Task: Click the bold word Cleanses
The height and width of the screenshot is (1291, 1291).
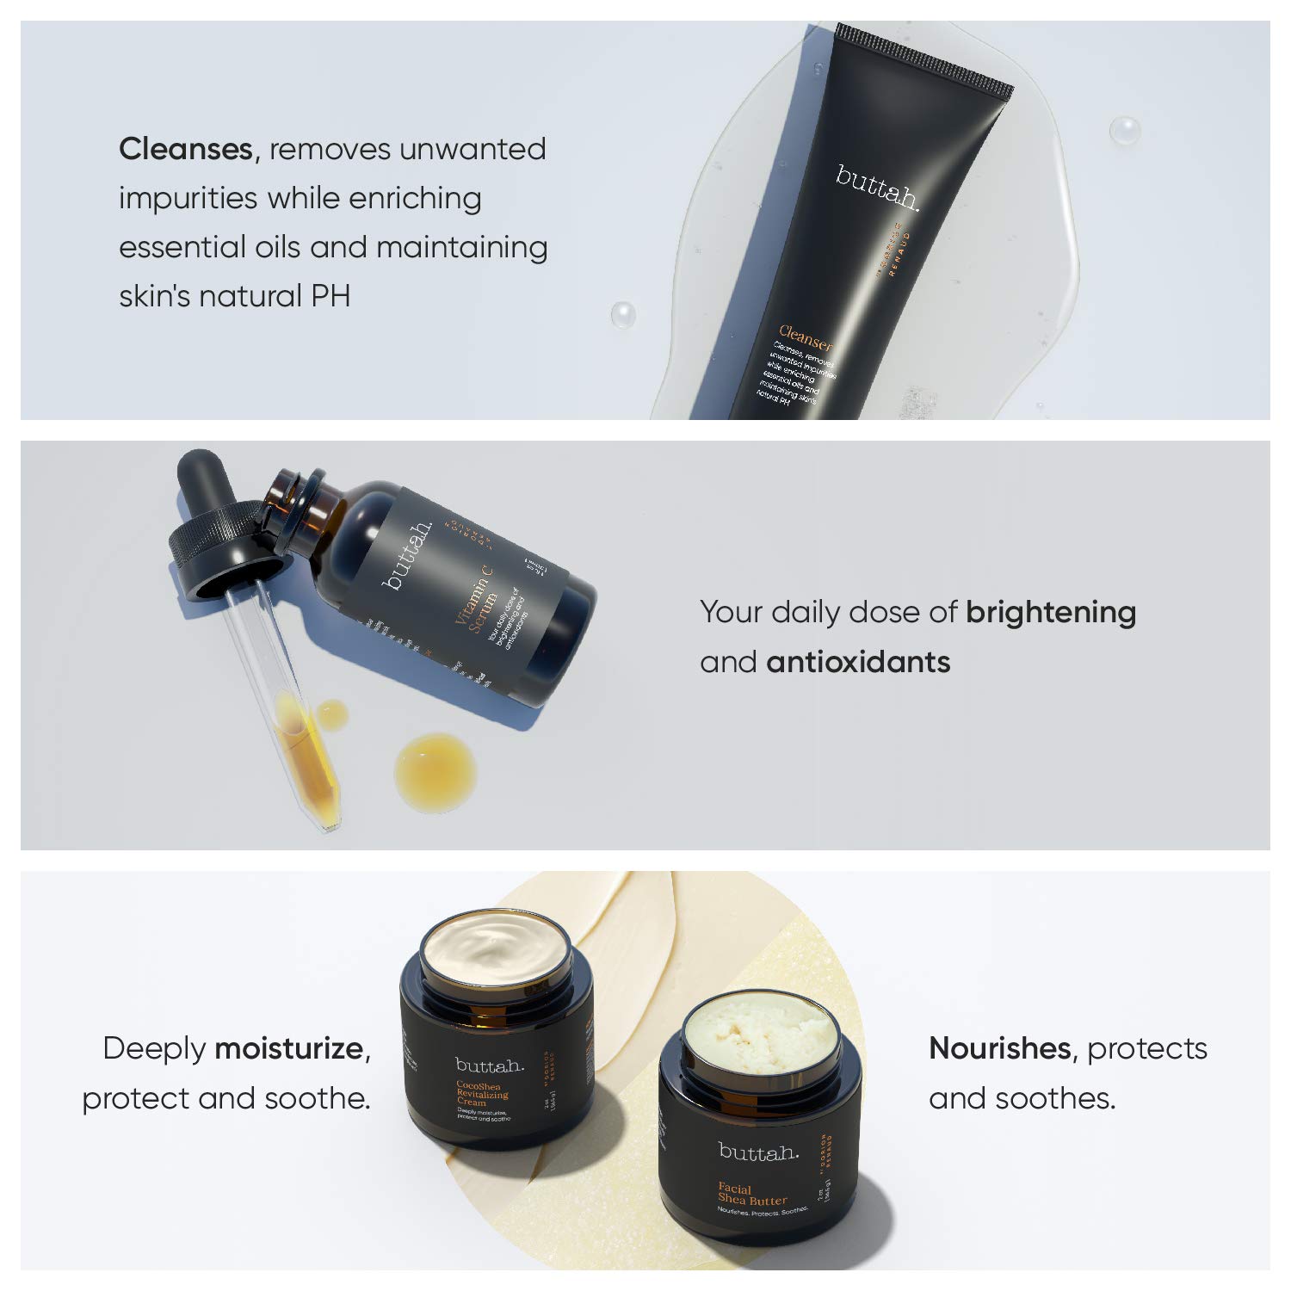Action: tap(185, 149)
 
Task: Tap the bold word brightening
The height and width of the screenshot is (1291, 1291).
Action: tap(1050, 612)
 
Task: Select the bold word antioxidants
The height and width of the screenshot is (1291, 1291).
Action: tap(858, 662)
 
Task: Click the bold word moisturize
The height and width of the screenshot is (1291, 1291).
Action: tap(289, 1048)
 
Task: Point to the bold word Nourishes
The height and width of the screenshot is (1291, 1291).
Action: tap(999, 1048)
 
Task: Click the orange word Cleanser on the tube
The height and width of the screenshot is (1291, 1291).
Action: tap(806, 337)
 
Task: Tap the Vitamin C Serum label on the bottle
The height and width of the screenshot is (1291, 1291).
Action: tap(483, 603)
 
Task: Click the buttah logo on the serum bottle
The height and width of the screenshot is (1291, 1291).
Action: tap(409, 555)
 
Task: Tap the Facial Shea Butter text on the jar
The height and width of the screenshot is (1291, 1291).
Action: tap(752, 1194)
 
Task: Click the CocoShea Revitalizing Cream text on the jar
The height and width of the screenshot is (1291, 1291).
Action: tap(482, 1094)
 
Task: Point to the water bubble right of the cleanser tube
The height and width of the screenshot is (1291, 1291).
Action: tap(1123, 131)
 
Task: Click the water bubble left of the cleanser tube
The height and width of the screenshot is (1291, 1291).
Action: tap(622, 314)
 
